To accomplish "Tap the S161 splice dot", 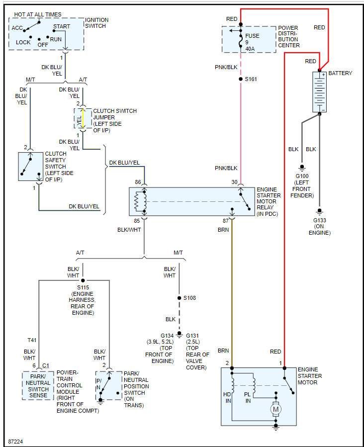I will tap(241, 79).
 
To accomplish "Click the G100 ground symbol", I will tap(301, 167).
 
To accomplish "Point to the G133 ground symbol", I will tap(320, 211).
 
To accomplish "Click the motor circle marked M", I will tap(276, 409).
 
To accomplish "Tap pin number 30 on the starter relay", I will tap(235, 182).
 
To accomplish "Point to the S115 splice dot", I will tap(83, 280).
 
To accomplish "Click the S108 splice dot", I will tap(179, 298).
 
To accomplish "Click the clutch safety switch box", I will tap(30, 167).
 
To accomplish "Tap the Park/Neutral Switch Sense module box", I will tap(38, 385).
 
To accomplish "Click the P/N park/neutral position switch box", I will tap(108, 385).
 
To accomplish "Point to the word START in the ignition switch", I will tap(62, 26).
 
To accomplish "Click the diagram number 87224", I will tap(16, 441).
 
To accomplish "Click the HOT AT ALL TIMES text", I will tap(38, 15).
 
